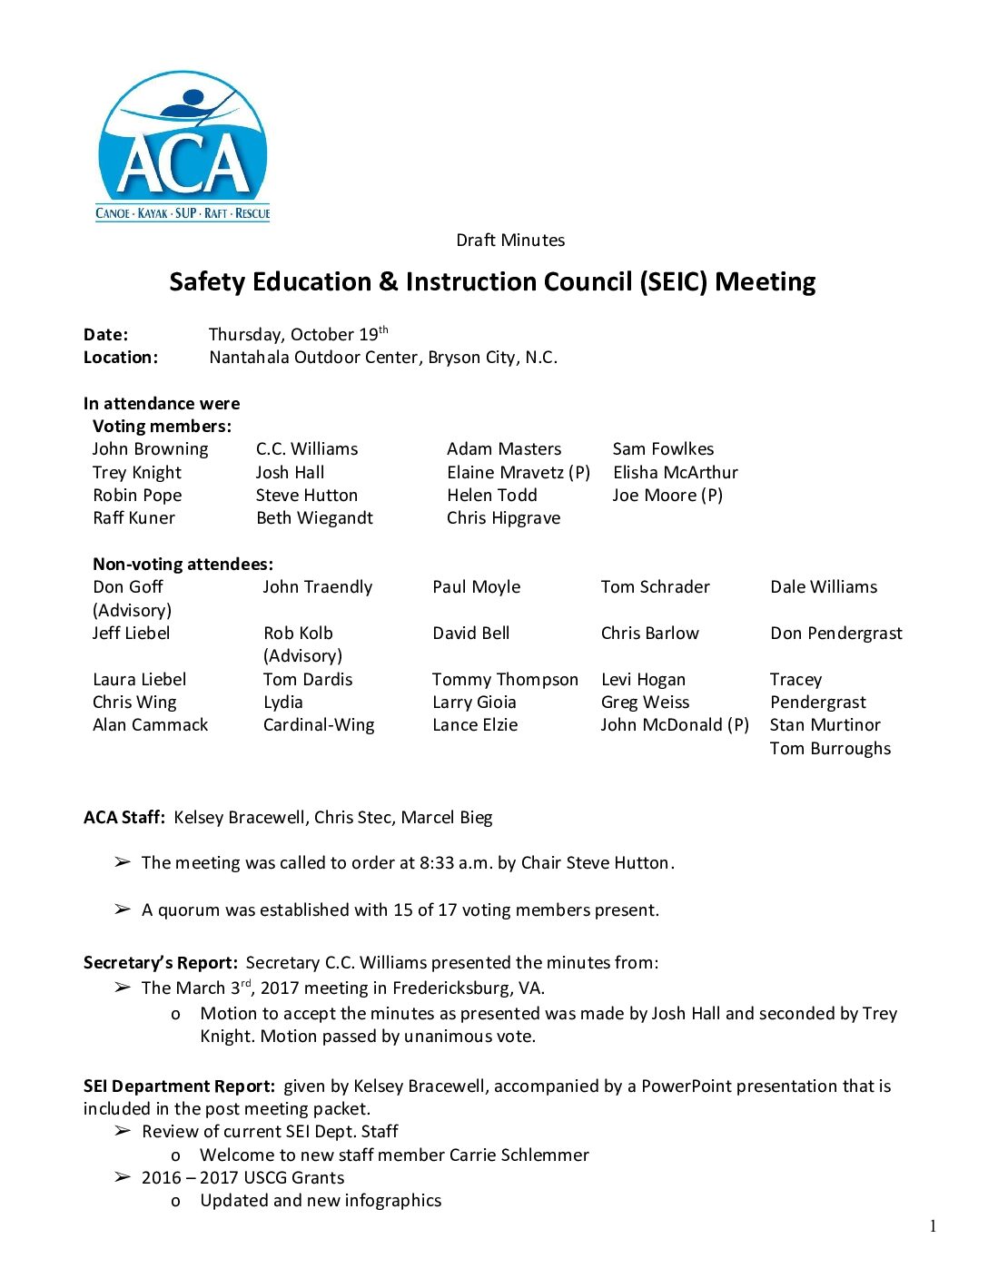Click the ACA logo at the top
point(183,148)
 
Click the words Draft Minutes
point(510,241)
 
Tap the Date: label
point(106,335)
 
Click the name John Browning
point(150,449)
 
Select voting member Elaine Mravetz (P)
point(518,473)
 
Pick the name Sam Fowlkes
point(663,449)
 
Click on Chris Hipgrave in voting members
point(503,518)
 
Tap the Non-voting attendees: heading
point(183,565)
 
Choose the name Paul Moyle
point(477,587)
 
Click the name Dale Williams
point(824,587)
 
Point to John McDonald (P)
point(675,725)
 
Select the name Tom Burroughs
point(830,749)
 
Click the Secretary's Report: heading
point(161,963)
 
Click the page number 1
point(933,1227)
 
